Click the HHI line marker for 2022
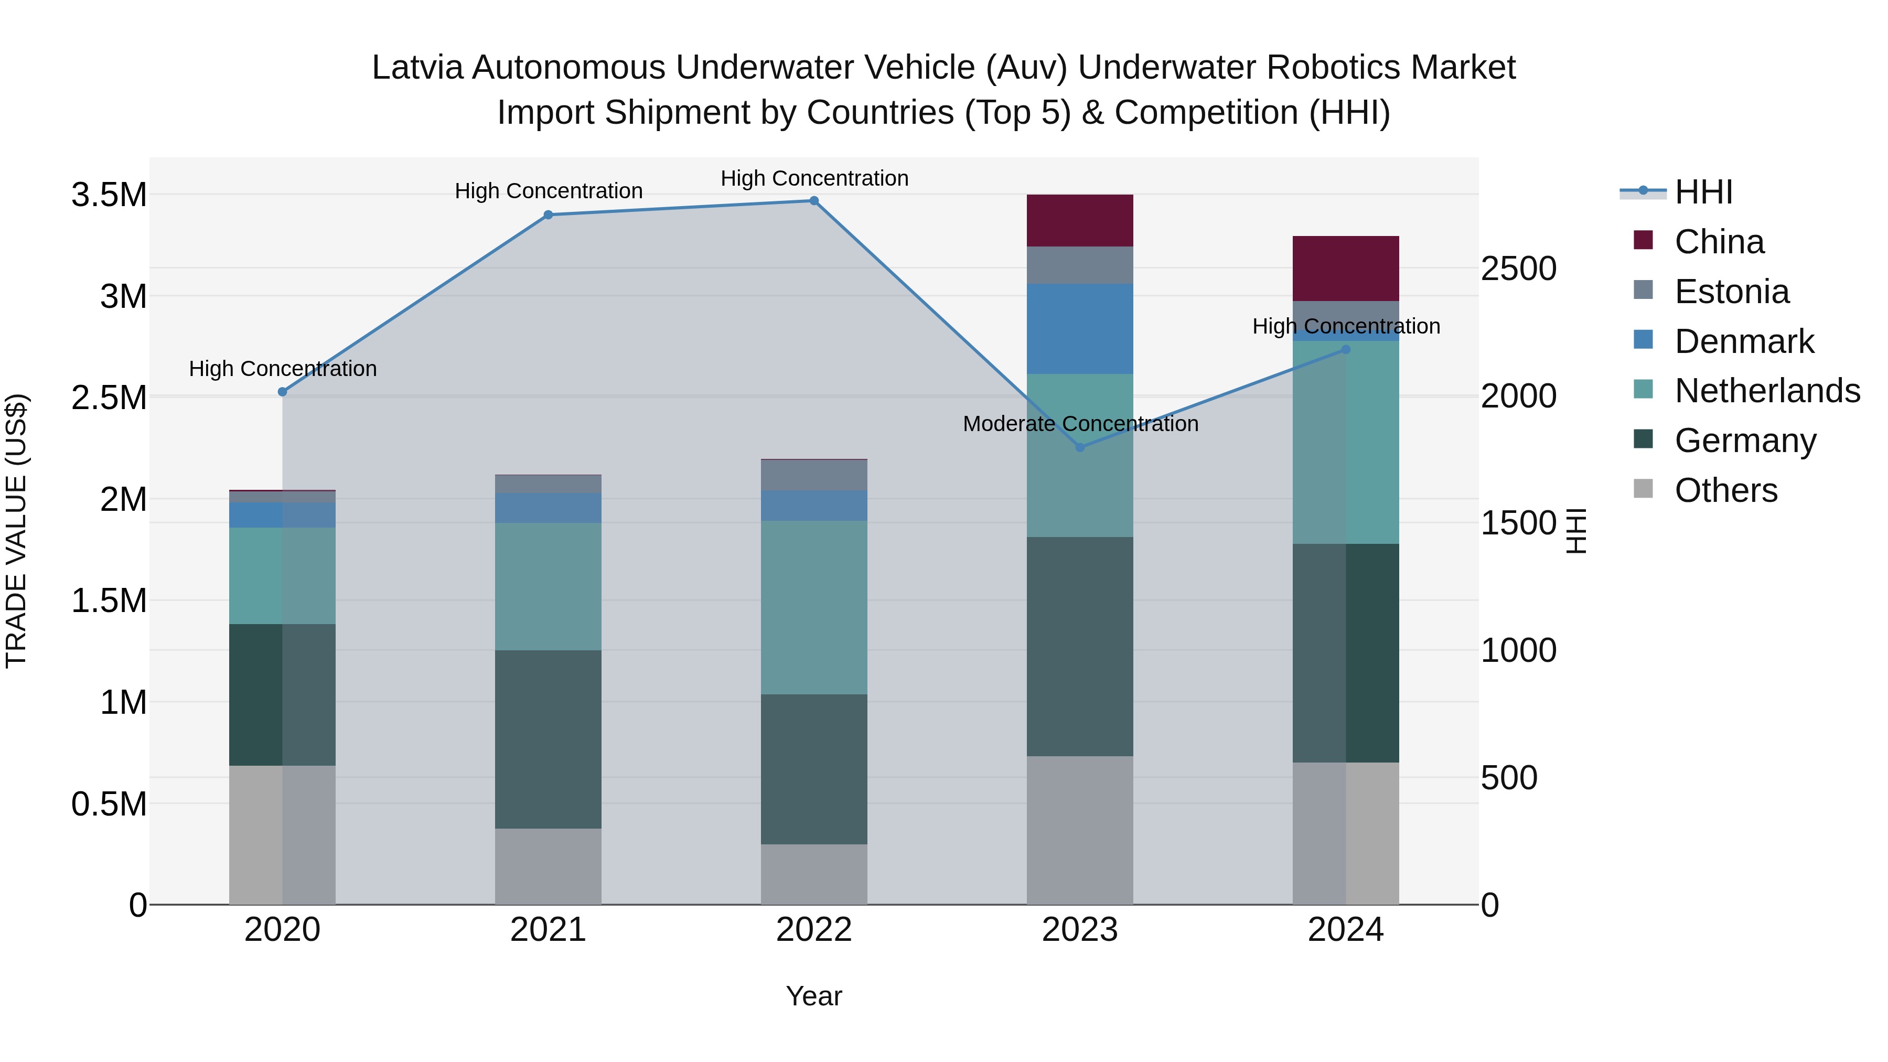[813, 201]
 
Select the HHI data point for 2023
[1080, 447]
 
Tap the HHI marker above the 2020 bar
[282, 392]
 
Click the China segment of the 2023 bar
[1080, 221]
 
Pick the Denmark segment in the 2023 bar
[1080, 329]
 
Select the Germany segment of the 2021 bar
[548, 739]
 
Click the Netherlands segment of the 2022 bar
[813, 608]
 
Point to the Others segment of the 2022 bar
[813, 874]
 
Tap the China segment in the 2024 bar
[1346, 268]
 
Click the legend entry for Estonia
[1731, 292]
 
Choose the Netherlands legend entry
[1766, 391]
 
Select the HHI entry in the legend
[1703, 192]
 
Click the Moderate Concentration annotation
[1080, 424]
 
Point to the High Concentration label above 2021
[548, 191]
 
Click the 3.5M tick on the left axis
[109, 196]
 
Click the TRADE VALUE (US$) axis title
[16, 531]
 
